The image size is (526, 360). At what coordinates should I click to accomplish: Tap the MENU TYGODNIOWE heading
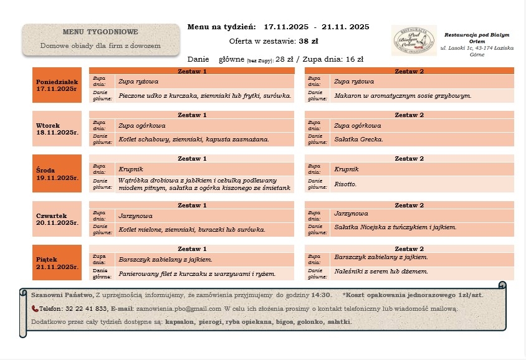click(x=100, y=32)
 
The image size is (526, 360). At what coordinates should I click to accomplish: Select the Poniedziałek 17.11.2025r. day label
click(x=57, y=85)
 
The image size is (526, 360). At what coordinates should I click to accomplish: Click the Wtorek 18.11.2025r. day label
click(x=57, y=129)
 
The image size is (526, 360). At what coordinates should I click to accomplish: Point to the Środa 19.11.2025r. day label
click(x=57, y=173)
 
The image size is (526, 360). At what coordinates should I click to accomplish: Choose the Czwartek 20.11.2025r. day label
click(x=57, y=219)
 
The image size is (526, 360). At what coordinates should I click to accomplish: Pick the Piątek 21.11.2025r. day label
click(x=57, y=263)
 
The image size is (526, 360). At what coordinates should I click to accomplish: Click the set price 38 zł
click(x=308, y=41)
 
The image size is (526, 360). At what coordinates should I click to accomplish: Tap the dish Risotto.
click(x=345, y=184)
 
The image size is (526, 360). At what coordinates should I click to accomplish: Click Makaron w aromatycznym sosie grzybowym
click(x=403, y=96)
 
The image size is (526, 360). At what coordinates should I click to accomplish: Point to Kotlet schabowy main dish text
click(x=193, y=139)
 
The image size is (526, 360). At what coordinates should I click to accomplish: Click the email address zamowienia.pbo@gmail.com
click(x=179, y=308)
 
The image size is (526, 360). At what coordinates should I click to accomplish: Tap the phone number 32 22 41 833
click(x=87, y=308)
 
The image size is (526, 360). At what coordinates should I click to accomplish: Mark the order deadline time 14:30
click(x=321, y=295)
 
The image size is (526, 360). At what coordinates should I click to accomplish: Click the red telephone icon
click(x=35, y=308)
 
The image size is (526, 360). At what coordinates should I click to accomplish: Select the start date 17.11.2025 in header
click(x=285, y=27)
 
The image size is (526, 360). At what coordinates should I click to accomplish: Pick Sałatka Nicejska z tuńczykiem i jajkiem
click(x=395, y=227)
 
